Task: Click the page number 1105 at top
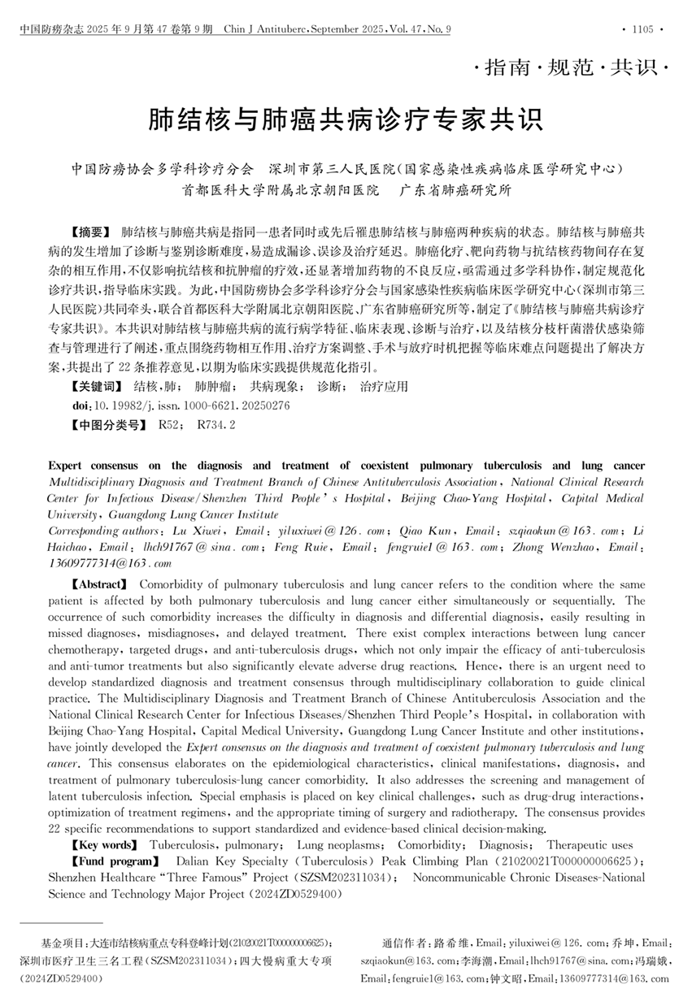point(642,29)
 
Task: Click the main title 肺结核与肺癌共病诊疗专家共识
point(346,120)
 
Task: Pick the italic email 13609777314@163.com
point(111,563)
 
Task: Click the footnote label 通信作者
point(404,943)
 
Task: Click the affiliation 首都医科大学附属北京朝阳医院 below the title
point(281,193)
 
